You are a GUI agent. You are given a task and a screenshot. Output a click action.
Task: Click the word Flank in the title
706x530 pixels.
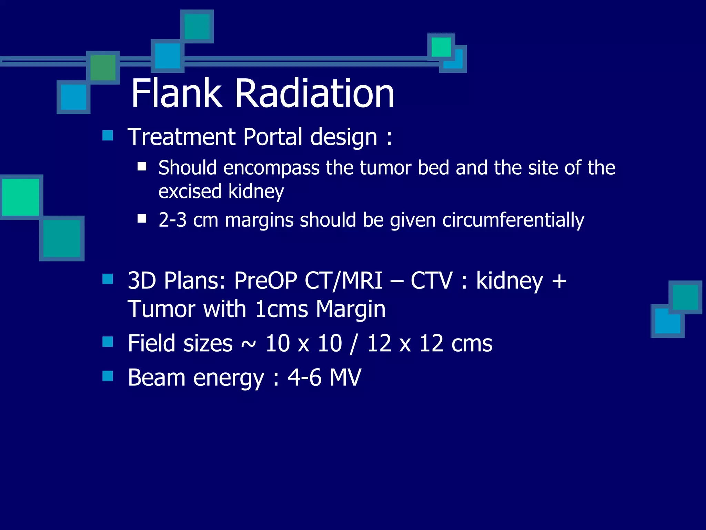[176, 93]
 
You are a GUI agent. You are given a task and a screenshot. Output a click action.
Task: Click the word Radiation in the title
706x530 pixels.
[314, 93]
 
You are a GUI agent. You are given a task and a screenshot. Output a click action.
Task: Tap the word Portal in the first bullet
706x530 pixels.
[273, 137]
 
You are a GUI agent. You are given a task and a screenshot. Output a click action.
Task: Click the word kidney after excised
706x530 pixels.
[256, 192]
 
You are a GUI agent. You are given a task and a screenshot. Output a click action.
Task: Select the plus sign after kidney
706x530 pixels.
[559, 281]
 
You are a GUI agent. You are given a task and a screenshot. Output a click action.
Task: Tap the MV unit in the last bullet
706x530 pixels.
[345, 377]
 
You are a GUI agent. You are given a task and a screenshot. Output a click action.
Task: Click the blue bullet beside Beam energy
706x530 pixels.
[108, 376]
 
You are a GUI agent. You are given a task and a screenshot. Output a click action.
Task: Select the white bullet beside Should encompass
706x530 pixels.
[142, 167]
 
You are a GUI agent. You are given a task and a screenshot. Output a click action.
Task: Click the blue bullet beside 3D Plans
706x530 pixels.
[108, 278]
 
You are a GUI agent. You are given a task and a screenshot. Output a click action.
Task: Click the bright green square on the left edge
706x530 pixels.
[21, 197]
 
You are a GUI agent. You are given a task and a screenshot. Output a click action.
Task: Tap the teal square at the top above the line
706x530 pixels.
[197, 27]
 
